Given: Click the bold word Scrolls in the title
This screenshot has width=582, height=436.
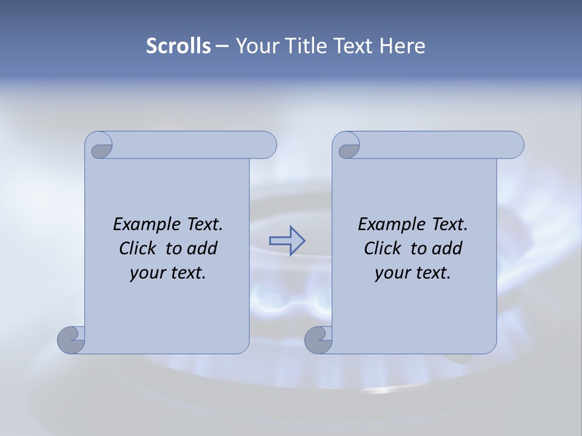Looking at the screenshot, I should [179, 46].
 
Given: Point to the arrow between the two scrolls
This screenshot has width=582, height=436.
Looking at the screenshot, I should [287, 240].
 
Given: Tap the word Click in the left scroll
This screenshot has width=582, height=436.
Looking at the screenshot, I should [139, 249].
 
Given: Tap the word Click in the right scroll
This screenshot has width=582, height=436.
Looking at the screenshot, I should [383, 249].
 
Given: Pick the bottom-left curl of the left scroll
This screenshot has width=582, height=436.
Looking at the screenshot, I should [71, 340].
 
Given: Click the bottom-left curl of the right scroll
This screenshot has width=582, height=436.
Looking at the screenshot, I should [318, 340].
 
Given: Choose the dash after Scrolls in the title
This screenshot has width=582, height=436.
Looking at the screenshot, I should [222, 47].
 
